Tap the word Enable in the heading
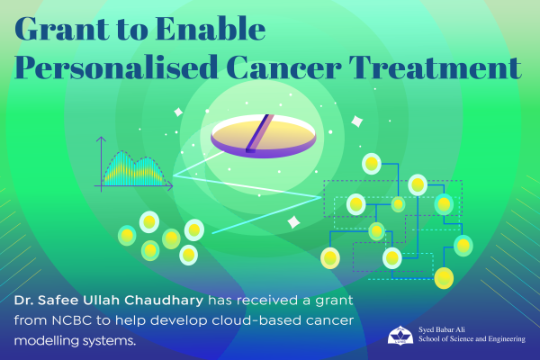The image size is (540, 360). click(211, 28)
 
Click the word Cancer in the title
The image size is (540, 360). click(284, 67)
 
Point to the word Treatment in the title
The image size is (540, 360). click(436, 67)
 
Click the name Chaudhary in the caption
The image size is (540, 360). click(164, 301)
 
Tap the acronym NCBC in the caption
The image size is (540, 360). click(72, 320)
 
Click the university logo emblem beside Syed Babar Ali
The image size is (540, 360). click(400, 335)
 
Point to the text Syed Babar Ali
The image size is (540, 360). click(442, 329)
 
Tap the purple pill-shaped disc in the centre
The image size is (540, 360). click(264, 137)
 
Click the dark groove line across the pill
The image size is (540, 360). click(260, 133)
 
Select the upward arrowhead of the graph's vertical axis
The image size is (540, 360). click(101, 139)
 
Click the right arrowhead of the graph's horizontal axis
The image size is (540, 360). click(170, 186)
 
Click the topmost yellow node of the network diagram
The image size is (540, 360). click(371, 164)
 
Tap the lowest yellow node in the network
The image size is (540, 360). click(444, 278)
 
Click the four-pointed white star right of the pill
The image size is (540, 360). click(356, 121)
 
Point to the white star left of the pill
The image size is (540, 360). click(178, 112)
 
